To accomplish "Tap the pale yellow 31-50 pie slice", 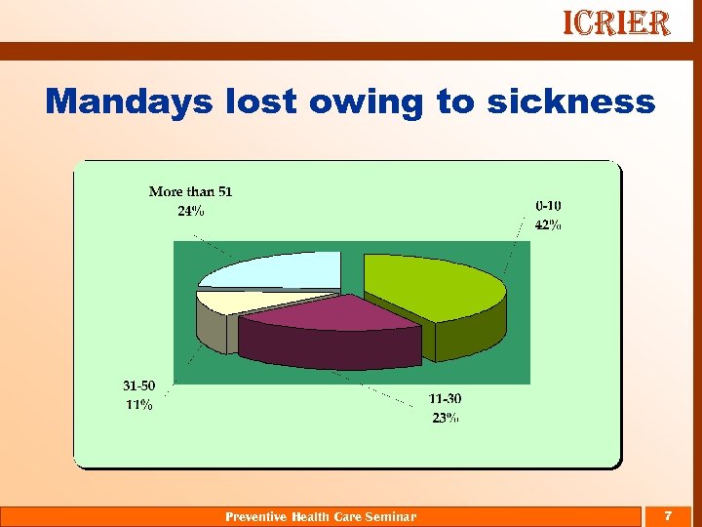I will pyautogui.click(x=219, y=301).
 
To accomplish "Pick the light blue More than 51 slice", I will pyautogui.click(x=283, y=267).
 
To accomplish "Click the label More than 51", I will pyautogui.click(x=191, y=191).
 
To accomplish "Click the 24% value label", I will pyautogui.click(x=190, y=212).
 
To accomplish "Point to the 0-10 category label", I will pyautogui.click(x=547, y=206).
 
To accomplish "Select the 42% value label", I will pyautogui.click(x=547, y=224).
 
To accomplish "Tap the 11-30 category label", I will pyautogui.click(x=445, y=399).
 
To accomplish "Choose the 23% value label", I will pyautogui.click(x=445, y=418).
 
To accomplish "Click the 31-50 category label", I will pyautogui.click(x=137, y=386).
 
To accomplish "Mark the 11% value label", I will pyautogui.click(x=137, y=405).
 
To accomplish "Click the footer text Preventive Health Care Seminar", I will pyautogui.click(x=321, y=516).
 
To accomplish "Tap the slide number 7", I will pyautogui.click(x=668, y=514).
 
